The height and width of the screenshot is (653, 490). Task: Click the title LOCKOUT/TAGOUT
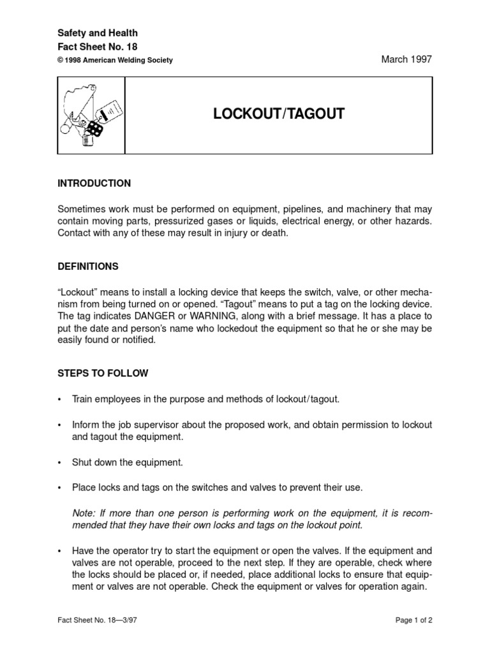[x=278, y=114]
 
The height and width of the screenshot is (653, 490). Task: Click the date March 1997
[x=406, y=59]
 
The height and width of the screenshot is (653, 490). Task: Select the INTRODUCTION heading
[x=94, y=184]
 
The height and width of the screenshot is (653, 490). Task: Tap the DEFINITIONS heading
[x=87, y=266]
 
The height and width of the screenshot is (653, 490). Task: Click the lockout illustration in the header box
[x=91, y=115]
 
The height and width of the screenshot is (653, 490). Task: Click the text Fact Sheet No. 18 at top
[x=98, y=46]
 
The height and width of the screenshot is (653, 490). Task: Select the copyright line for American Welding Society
[x=115, y=60]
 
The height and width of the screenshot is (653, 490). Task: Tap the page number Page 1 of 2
[x=410, y=619]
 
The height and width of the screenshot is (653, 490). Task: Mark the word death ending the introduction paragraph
[x=275, y=233]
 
